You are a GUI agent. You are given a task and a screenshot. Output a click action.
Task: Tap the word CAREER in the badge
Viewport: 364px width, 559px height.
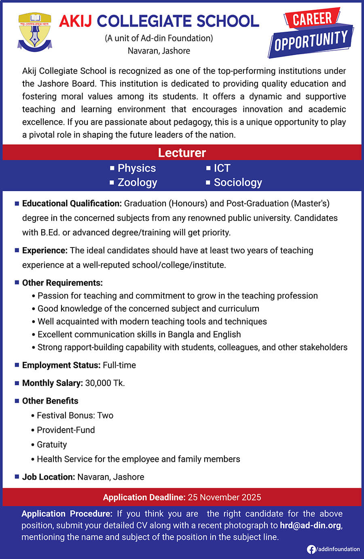pos(312,19)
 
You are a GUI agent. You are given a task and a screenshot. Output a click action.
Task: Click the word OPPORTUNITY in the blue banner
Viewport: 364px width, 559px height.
pos(311,41)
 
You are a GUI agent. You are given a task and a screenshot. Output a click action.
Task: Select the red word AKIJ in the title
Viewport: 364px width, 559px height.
pos(76,21)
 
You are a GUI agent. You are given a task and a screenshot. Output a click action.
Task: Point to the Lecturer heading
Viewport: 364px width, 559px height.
pos(182,153)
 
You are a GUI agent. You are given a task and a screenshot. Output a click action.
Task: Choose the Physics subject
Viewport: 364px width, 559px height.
pos(136,168)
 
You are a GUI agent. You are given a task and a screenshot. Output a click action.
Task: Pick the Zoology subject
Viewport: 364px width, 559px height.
pos(137,183)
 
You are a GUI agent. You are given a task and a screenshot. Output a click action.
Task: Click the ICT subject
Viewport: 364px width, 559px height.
pos(222,168)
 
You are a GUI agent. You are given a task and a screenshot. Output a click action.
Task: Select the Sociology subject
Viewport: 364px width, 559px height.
pos(238,183)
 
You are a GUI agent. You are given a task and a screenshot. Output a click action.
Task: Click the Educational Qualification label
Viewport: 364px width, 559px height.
pos(72,203)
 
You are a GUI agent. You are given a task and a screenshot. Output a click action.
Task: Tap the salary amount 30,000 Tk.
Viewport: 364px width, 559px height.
pos(105,383)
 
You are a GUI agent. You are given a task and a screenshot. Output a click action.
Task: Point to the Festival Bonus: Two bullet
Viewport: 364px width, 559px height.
pos(75,416)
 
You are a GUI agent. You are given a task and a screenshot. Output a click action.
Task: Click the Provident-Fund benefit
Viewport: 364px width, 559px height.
pos(66,430)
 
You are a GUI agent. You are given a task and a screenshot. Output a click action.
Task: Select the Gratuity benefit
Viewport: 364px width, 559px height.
pos(52,445)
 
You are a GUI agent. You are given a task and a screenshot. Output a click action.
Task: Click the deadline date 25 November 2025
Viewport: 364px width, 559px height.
pos(224,497)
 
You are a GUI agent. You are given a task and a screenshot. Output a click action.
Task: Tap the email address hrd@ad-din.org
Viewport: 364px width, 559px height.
pos(311,525)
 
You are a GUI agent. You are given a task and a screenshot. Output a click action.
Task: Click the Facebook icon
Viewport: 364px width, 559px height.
pos(311,549)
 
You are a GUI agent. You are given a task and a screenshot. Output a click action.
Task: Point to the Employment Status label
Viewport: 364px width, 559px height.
pos(61,365)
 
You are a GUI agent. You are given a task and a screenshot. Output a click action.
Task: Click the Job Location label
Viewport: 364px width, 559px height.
pos(49,477)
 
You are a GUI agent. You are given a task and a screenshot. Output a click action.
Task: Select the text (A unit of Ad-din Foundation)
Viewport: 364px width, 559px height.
pos(159,38)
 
